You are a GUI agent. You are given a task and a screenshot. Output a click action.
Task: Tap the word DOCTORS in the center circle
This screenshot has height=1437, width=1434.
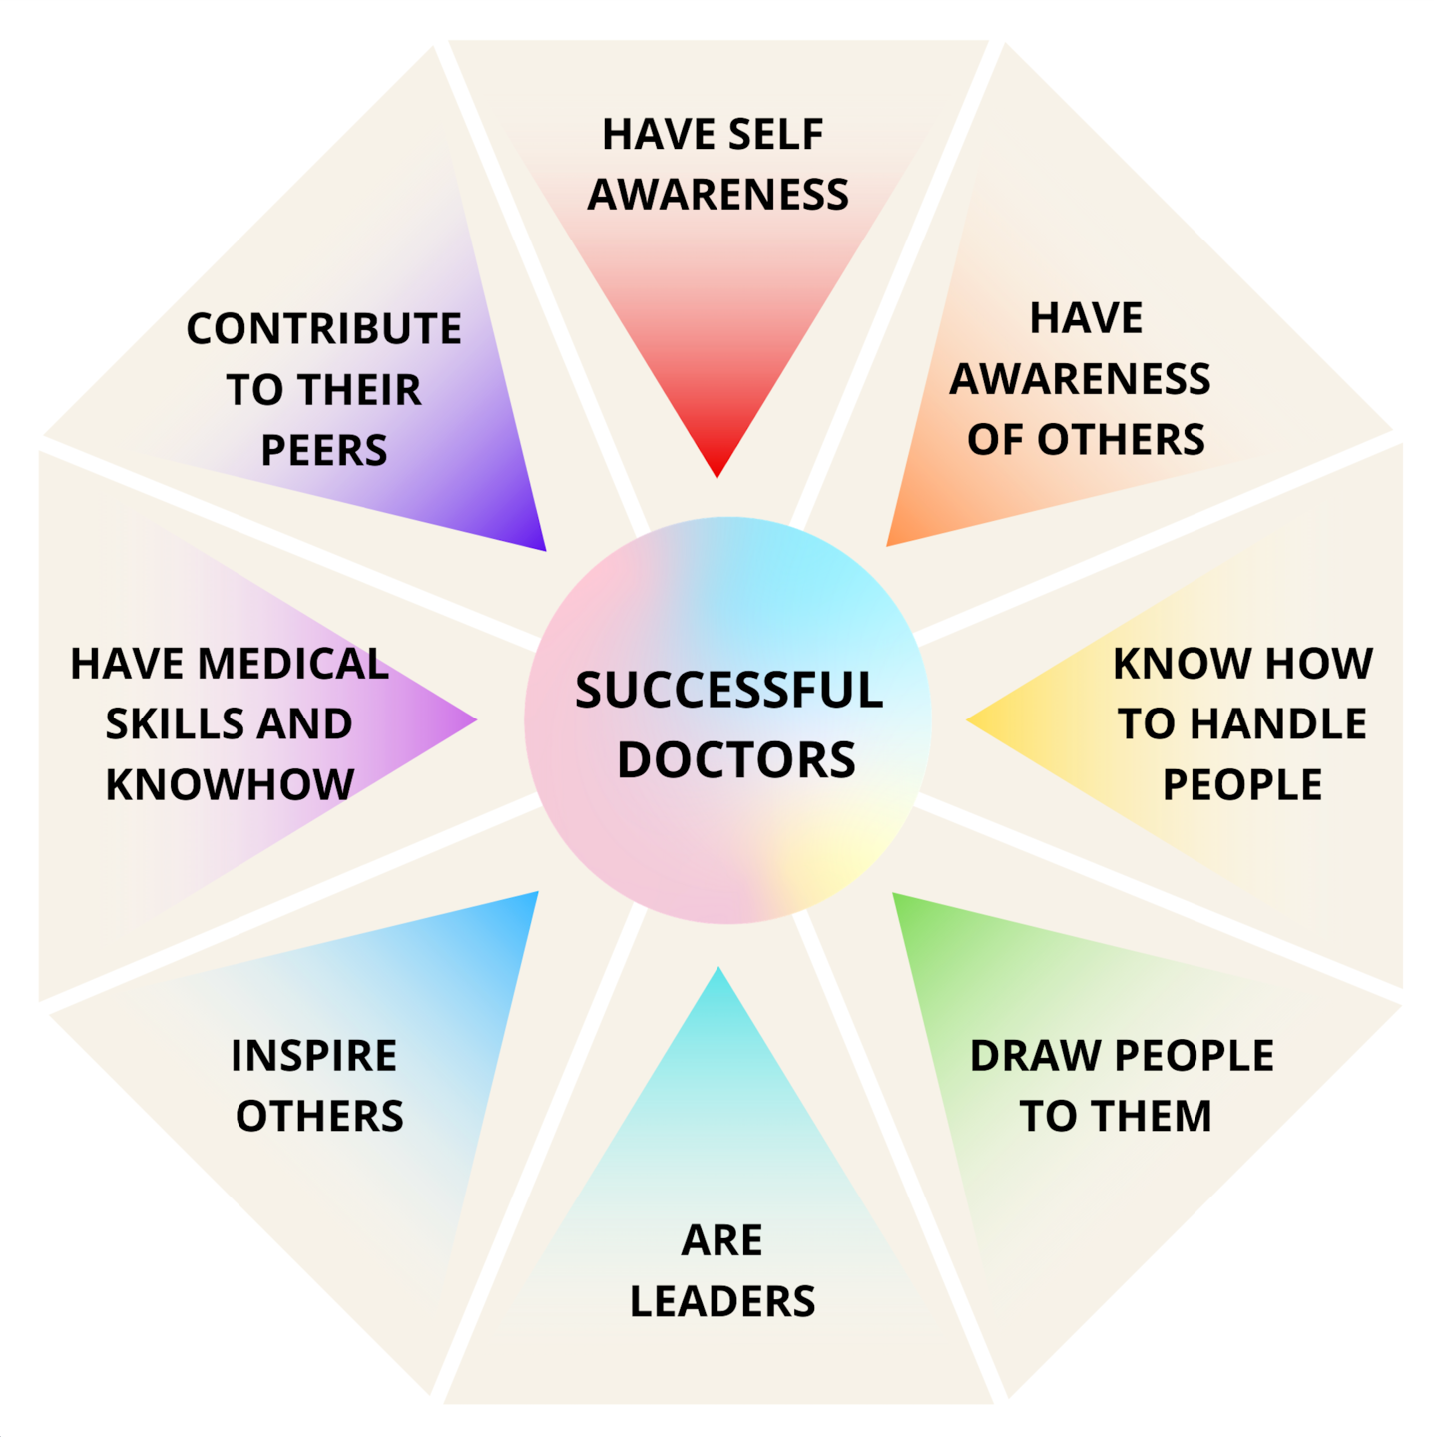(x=736, y=759)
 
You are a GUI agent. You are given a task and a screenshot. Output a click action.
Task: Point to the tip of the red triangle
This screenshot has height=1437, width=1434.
(x=717, y=477)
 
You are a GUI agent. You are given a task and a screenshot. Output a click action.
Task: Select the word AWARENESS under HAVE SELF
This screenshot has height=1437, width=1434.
(x=717, y=194)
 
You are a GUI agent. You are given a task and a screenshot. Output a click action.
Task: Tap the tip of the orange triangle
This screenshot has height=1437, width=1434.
(x=887, y=546)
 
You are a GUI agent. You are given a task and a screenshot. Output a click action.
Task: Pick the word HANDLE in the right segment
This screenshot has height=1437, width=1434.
(x=1278, y=723)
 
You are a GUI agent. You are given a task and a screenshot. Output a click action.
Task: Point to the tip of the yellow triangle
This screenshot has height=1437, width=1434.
(x=967, y=719)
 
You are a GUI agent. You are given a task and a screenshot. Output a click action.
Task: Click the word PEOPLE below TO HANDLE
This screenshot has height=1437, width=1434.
(x=1242, y=784)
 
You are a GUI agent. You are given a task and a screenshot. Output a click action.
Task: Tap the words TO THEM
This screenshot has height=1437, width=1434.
(x=1116, y=1116)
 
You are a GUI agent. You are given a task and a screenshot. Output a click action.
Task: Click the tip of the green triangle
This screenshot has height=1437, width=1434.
(x=893, y=892)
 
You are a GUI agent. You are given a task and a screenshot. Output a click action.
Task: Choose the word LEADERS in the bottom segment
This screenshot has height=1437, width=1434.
(x=722, y=1301)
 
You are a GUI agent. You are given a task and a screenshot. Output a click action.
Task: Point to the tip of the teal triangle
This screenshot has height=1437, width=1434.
(x=718, y=968)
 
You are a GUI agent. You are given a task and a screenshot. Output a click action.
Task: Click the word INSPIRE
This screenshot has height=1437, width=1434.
(x=314, y=1055)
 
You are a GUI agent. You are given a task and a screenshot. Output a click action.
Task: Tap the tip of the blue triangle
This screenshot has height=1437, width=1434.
(x=538, y=892)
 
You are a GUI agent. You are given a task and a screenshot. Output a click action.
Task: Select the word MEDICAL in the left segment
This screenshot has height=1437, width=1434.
(x=293, y=663)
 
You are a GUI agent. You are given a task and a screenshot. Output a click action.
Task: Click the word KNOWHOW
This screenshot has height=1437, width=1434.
(x=230, y=784)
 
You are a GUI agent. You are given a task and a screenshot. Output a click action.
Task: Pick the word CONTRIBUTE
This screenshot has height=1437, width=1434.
(x=323, y=329)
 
